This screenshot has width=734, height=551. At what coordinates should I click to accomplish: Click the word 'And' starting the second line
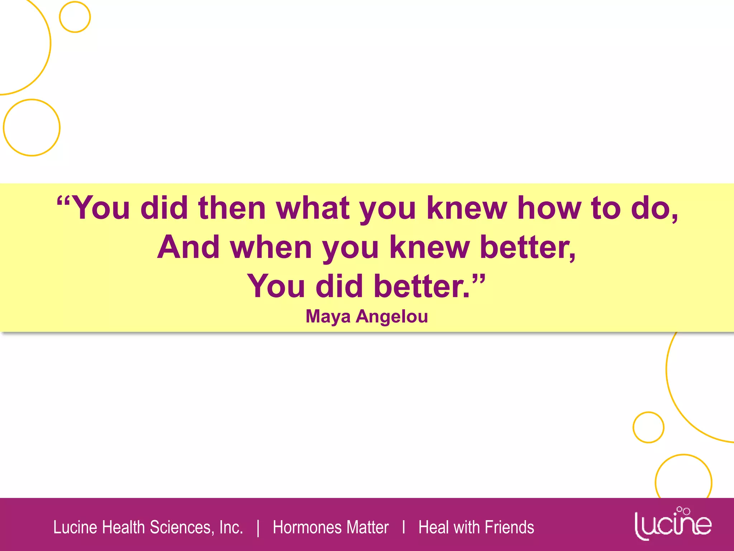coord(189,247)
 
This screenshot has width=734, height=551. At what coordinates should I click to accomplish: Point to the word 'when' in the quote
coord(271,247)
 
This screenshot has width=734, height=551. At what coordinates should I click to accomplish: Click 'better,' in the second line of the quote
coord(528,247)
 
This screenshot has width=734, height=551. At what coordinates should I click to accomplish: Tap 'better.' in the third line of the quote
coord(421,286)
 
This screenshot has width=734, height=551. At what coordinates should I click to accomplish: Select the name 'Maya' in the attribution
coord(328,316)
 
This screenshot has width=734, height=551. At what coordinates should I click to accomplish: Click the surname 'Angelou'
coord(392,316)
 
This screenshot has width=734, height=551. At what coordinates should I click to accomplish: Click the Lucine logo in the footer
coord(673,523)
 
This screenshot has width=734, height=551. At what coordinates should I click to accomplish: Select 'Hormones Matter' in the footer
coord(330,527)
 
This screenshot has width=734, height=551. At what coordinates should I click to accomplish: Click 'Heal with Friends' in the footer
coord(476,527)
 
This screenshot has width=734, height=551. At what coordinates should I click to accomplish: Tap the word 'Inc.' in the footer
coord(231,527)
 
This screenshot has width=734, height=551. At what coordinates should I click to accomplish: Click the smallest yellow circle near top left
coord(75,17)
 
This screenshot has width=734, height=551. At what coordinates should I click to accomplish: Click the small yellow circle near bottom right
coord(648,427)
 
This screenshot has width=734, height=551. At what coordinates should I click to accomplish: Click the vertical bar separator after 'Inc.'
coord(258,528)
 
